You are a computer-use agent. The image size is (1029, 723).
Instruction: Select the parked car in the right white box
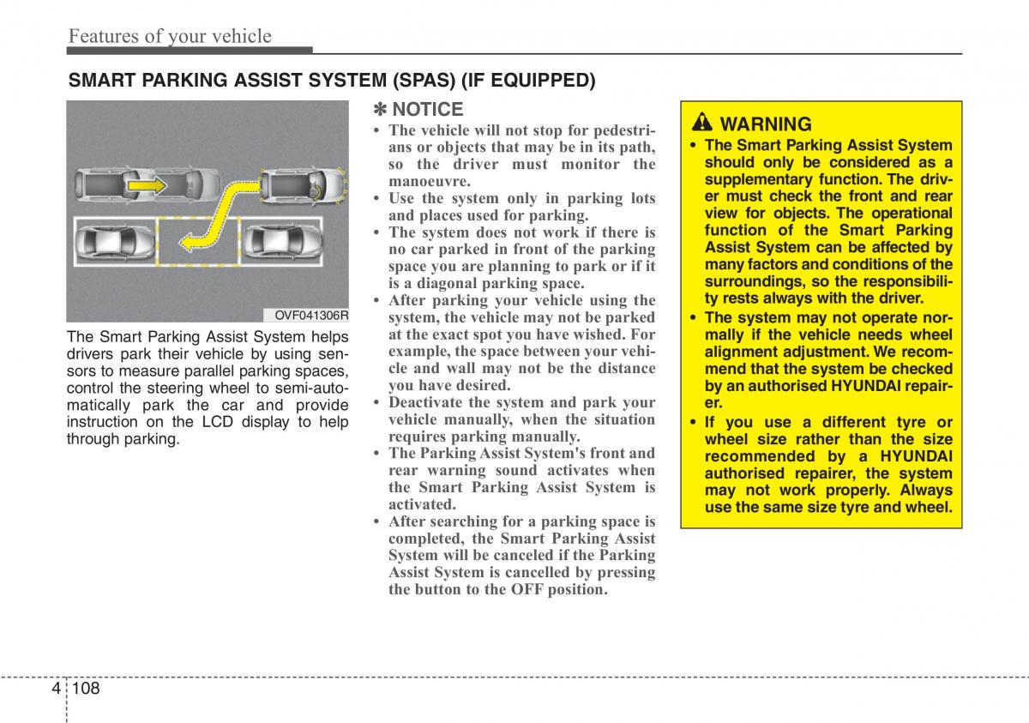(x=280, y=241)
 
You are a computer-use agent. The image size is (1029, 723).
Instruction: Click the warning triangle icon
(x=702, y=123)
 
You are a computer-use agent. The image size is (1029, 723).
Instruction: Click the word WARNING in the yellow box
(x=766, y=124)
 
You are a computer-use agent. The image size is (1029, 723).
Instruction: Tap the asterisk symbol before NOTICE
(x=380, y=110)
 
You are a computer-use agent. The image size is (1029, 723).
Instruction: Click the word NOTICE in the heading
(x=427, y=110)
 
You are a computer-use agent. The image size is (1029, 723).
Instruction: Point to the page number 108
(x=87, y=687)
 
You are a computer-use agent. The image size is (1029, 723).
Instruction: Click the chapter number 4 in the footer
(x=57, y=687)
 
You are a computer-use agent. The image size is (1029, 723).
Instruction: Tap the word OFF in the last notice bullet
(x=527, y=589)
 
